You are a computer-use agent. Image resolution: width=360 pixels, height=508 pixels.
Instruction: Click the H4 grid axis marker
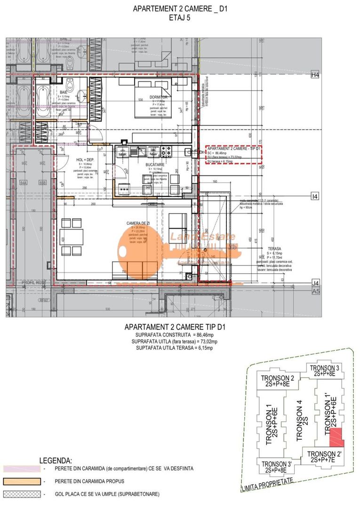(x=315, y=75)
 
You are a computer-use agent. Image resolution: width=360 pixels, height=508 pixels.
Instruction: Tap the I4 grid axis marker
(x=315, y=195)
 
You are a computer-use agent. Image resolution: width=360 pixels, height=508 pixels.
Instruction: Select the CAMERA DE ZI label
(x=138, y=223)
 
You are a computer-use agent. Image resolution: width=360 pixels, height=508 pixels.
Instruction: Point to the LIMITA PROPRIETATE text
(x=266, y=485)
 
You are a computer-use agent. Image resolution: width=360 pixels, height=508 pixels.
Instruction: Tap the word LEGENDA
(x=56, y=460)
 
